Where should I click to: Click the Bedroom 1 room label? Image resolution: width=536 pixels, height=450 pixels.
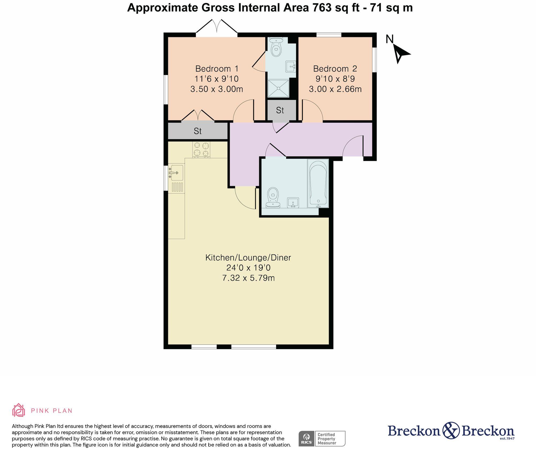(217, 69)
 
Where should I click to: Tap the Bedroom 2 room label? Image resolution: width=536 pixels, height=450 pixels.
(335, 69)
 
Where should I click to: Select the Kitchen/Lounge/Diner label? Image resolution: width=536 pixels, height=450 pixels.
(248, 258)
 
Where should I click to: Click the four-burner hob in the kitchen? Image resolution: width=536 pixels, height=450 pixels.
(201, 149)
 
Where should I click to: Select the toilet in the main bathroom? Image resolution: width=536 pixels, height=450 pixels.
(273, 197)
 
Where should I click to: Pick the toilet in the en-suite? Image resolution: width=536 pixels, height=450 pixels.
(276, 47)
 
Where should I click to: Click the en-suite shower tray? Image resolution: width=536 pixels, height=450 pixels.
(279, 88)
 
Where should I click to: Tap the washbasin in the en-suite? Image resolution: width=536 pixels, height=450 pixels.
(291, 66)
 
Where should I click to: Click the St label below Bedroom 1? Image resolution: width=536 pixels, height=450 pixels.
(198, 131)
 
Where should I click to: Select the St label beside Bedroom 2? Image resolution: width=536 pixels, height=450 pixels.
(280, 110)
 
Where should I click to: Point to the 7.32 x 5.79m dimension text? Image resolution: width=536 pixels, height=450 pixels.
(248, 278)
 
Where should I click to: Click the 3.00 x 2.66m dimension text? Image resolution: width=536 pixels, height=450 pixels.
(335, 89)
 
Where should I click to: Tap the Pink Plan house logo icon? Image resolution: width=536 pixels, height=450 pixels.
(19, 410)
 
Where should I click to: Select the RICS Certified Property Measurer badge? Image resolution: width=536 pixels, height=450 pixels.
(322, 438)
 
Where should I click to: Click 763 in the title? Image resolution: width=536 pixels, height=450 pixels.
(322, 7)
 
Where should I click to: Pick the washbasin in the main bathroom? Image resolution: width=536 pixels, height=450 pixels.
(293, 202)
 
